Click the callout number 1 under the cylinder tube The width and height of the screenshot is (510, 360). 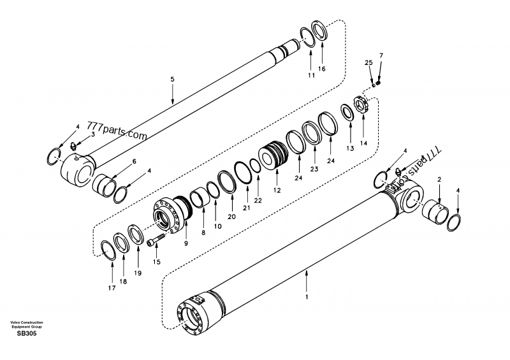pos(307,297)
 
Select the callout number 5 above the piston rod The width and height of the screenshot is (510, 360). pos(171,79)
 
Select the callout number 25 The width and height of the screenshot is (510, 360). pos(368,62)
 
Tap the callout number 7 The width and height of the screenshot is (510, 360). pos(381,56)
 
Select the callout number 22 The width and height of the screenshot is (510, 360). pos(258,200)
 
